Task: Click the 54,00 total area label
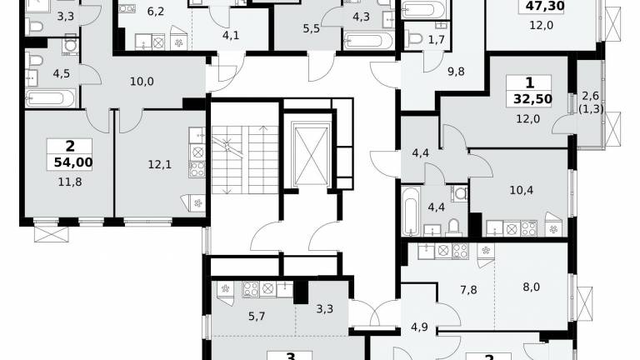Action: [73, 162]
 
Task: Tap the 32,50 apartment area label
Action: [532, 99]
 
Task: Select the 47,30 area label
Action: [545, 6]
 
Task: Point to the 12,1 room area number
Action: [160, 164]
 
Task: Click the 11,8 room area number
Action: [70, 182]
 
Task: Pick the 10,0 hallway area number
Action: [142, 82]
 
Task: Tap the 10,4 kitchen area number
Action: [521, 190]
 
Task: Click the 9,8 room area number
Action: [456, 72]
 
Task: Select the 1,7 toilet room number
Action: [437, 40]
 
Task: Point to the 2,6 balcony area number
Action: [590, 97]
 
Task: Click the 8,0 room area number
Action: [531, 287]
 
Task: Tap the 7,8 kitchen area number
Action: [468, 290]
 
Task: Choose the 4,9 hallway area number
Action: [419, 327]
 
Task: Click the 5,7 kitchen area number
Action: [257, 317]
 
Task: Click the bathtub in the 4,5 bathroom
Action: [50, 98]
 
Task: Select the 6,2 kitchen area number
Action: [156, 12]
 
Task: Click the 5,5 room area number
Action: [311, 29]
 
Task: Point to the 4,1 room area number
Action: [231, 36]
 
